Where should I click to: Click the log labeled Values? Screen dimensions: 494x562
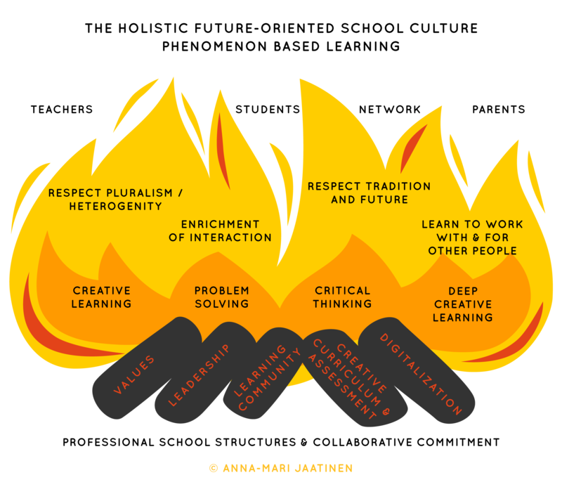[133, 373]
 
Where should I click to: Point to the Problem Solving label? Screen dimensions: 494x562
[222, 297]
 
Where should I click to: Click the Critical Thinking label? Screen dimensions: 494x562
[342, 297]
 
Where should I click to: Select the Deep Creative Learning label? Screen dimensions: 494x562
[463, 304]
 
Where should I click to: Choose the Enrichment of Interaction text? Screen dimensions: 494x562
[220, 230]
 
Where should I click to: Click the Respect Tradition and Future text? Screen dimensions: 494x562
[369, 193]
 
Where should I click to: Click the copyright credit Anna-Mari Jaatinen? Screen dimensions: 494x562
[281, 467]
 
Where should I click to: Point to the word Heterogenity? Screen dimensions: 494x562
[115, 207]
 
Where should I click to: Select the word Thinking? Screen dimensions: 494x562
[342, 304]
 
